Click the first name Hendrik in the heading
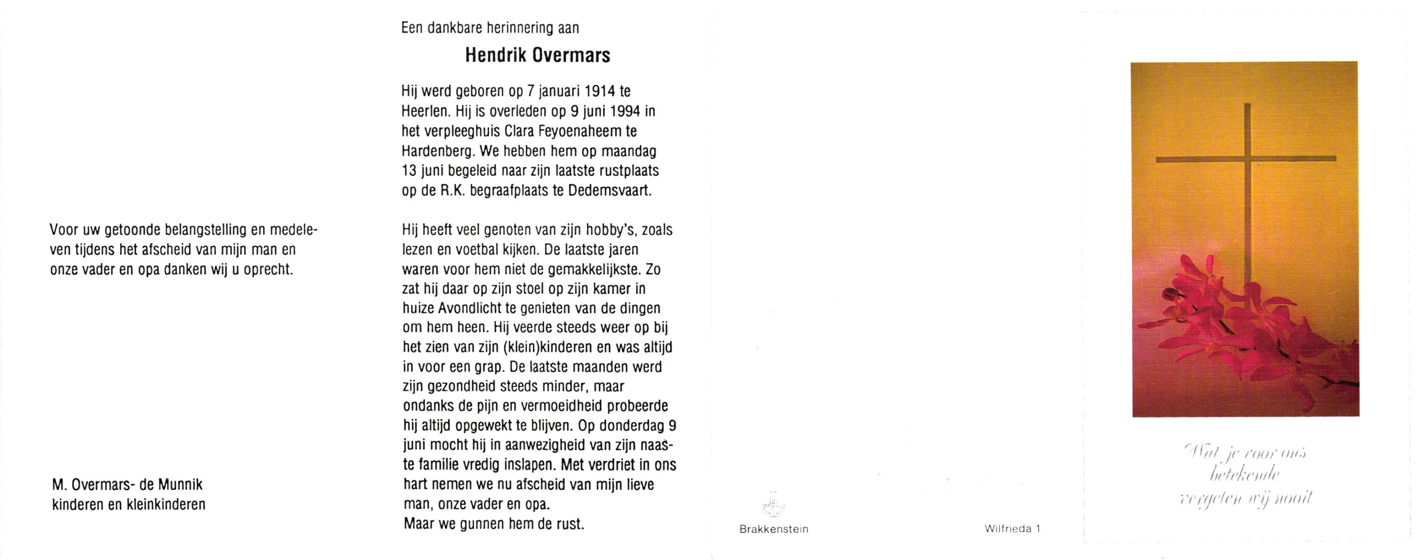coord(495,55)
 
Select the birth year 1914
coord(600,91)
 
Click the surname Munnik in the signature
coord(181,485)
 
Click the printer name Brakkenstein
coord(773,529)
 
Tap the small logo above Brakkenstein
coord(773,504)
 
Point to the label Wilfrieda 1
coord(1012,528)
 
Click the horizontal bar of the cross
coord(1246,159)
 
